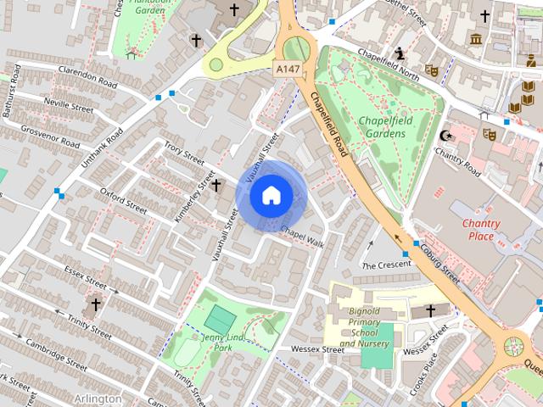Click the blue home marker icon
[x=270, y=196]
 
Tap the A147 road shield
[x=287, y=67]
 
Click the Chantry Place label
[x=481, y=230]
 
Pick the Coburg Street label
[x=441, y=265]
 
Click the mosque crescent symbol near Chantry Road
[x=447, y=136]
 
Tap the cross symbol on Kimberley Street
[x=216, y=185]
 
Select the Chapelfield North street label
[x=388, y=75]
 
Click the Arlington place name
[x=98, y=398]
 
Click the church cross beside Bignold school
[x=430, y=311]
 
